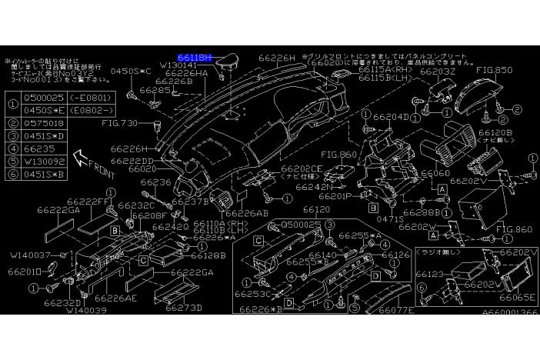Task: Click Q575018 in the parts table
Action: coord(44,122)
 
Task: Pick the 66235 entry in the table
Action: coord(38,148)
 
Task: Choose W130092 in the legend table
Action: coord(44,162)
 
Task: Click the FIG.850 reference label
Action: coord(494,70)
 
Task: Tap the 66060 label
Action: coord(435,174)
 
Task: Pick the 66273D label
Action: coord(183,308)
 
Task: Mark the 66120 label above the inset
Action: coord(316,209)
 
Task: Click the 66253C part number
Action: coord(254,294)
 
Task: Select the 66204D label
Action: coord(392,117)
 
